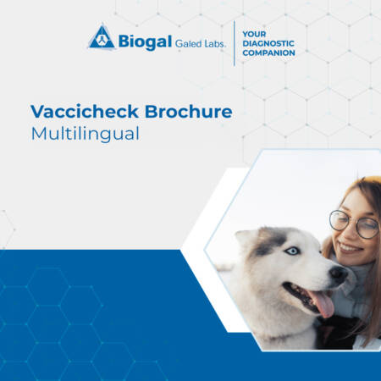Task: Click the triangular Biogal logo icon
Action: point(102,37)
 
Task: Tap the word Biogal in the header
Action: point(145,42)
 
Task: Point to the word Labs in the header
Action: point(214,43)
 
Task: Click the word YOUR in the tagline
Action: point(254,34)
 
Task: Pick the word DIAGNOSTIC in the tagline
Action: point(268,43)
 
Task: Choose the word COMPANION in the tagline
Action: point(268,52)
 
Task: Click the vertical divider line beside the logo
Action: point(235,43)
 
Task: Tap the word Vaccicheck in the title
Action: point(85,112)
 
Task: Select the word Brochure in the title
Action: point(189,112)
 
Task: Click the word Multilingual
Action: point(85,134)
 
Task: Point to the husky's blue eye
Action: point(292,251)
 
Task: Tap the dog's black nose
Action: point(338,273)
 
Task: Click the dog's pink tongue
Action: point(323,303)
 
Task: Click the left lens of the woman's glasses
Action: point(340,220)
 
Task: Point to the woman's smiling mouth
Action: point(350,248)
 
